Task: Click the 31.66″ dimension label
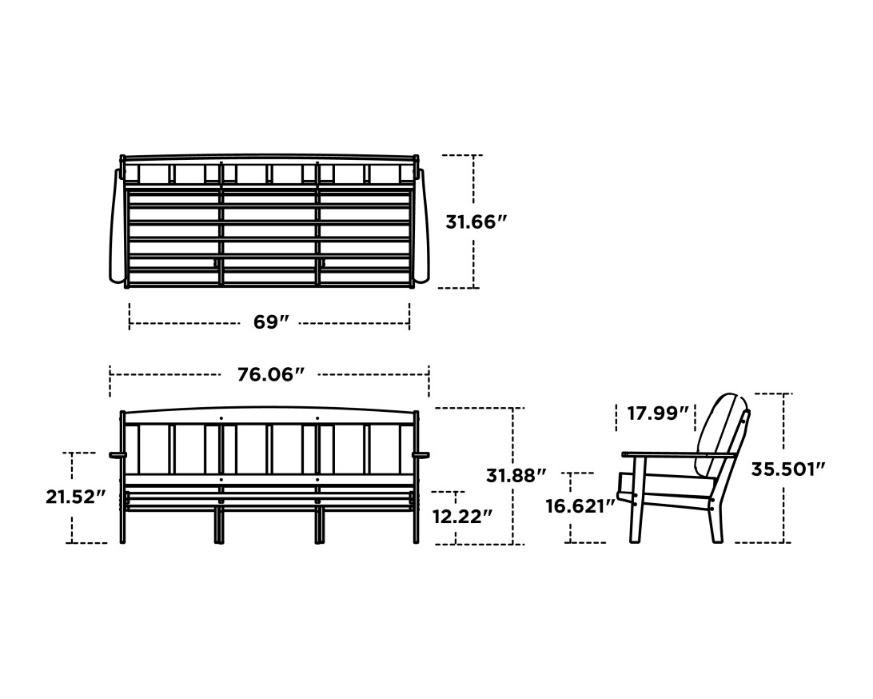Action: [476, 222]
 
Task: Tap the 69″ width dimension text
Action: [270, 322]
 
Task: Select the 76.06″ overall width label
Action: [270, 373]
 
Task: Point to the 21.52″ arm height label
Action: [75, 497]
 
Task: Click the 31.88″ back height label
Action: [516, 475]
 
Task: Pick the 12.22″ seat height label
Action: [462, 517]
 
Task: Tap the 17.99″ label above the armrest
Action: [657, 413]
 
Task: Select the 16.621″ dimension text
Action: [580, 506]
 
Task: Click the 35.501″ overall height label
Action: [787, 469]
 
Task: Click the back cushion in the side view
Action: [718, 432]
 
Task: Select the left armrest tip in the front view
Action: [117, 455]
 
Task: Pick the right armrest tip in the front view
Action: [421, 455]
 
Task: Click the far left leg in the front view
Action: [122, 524]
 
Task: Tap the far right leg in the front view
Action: [416, 524]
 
